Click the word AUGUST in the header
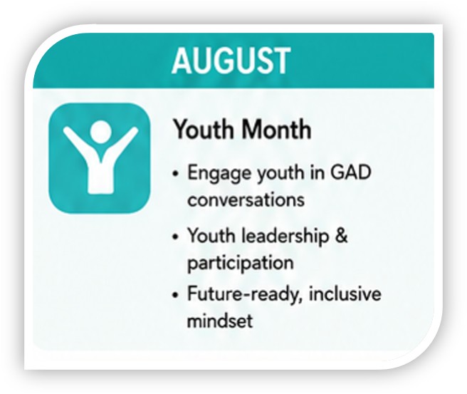[x=231, y=61]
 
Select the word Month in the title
[x=276, y=130]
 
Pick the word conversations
[x=246, y=199]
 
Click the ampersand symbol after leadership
[x=341, y=235]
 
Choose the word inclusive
[x=345, y=294]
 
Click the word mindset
[x=220, y=321]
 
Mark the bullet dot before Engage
[x=175, y=174]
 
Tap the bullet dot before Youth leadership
[x=175, y=237]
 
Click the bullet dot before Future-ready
[x=175, y=295]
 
